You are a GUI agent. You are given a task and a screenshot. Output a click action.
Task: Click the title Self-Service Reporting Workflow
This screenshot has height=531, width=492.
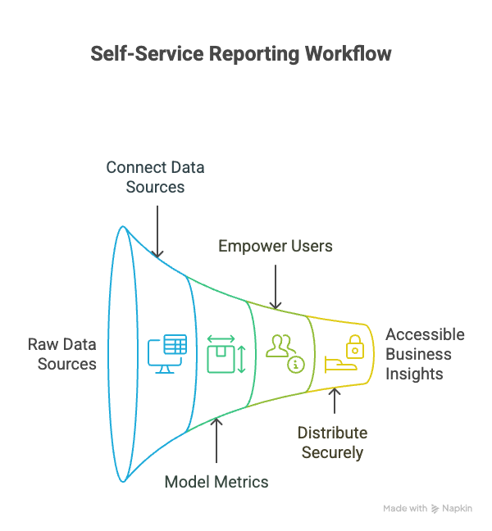click(240, 54)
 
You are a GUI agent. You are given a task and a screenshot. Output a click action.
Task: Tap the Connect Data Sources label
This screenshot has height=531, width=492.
click(155, 177)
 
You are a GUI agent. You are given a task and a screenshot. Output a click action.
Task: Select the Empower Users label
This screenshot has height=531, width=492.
click(275, 246)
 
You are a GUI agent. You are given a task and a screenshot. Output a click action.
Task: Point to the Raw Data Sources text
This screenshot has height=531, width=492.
click(62, 354)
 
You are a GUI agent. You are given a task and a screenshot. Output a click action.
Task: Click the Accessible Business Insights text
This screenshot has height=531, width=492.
click(424, 354)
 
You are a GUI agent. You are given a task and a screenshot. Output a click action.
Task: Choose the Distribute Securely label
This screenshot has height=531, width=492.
click(332, 442)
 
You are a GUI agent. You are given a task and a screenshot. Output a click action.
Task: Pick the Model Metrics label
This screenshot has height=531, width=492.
click(216, 482)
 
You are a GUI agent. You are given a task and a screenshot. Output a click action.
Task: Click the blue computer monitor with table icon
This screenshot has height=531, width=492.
click(167, 353)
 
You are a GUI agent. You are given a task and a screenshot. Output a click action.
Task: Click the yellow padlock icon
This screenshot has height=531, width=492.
click(354, 345)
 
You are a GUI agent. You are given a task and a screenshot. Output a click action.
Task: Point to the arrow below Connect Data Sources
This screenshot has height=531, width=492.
click(159, 229)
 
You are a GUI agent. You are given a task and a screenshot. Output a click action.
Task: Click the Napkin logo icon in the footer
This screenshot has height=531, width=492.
click(435, 509)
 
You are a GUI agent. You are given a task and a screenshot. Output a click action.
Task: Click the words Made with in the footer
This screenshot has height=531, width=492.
click(405, 509)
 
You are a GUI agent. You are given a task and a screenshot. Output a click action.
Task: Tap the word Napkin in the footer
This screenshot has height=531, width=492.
click(458, 509)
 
